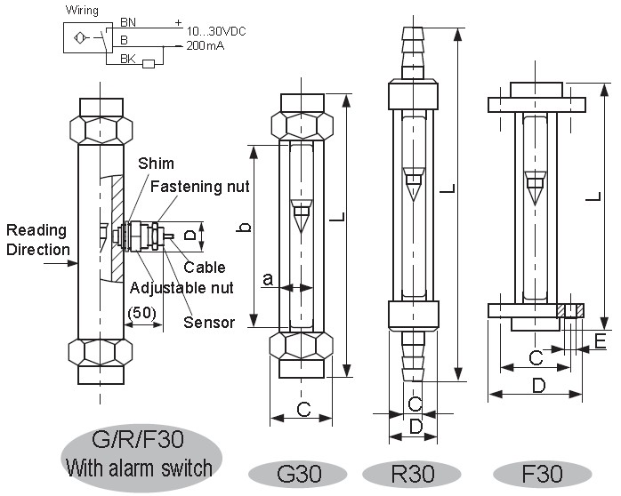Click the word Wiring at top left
[x=83, y=9]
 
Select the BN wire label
[x=128, y=22]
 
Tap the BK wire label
[x=128, y=59]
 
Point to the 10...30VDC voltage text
[x=215, y=31]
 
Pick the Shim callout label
[x=156, y=164]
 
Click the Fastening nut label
[x=199, y=187]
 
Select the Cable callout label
[x=205, y=267]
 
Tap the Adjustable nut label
[x=181, y=287]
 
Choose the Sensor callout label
[x=209, y=322]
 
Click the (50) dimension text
[x=143, y=312]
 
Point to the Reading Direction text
[x=36, y=240]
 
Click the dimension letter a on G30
[x=268, y=279]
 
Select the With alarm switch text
[x=140, y=468]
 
